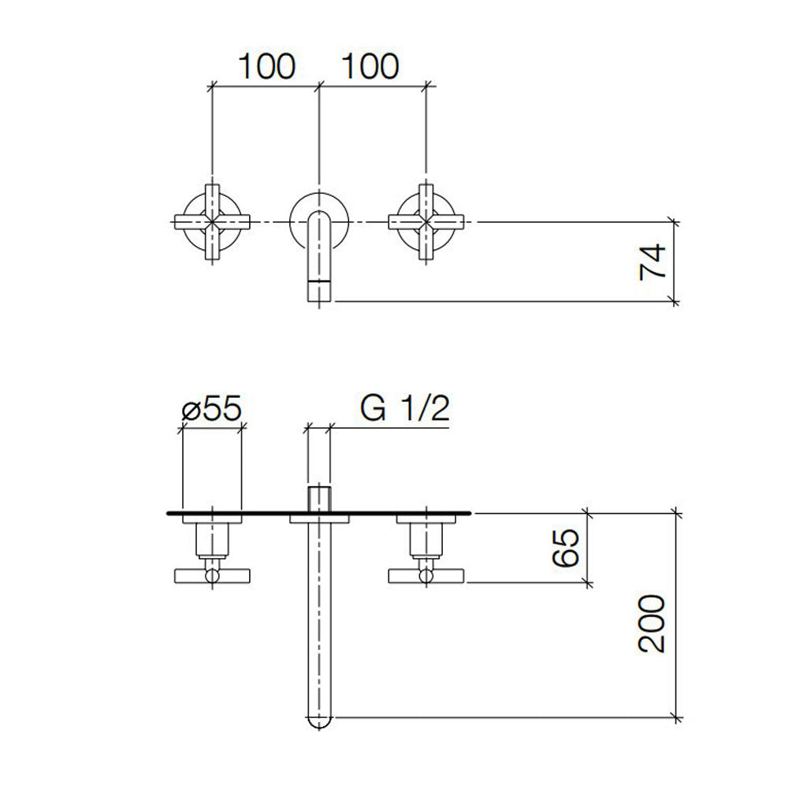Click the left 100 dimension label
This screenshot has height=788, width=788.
tap(266, 67)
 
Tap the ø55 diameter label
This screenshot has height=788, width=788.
tap(210, 410)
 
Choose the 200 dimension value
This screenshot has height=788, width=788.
tap(653, 623)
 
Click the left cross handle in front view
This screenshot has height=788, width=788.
tap(211, 223)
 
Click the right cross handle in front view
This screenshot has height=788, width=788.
tap(426, 223)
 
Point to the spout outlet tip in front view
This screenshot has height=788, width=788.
tap(318, 292)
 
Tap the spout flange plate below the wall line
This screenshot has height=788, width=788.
tap(318, 519)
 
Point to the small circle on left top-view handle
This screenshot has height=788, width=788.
tap(211, 577)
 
